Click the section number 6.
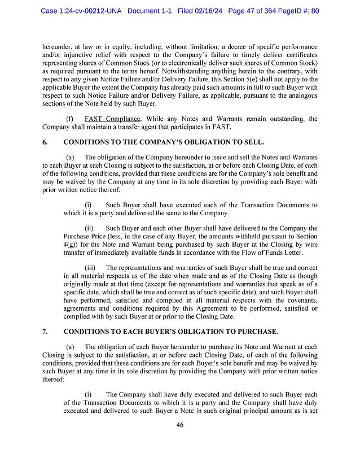pyautogui.click(x=45, y=142)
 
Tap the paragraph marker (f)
pyautogui.click(x=70, y=119)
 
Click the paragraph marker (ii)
pyautogui.click(x=89, y=228)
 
